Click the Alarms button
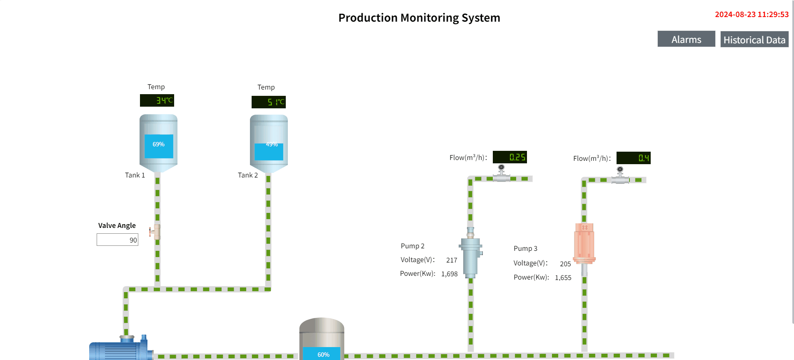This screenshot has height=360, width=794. pos(686,39)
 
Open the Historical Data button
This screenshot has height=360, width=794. pos(754,40)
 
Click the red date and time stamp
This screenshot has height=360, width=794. pos(752,15)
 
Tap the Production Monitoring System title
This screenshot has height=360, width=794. pos(419,18)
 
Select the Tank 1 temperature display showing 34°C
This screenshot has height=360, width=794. pos(157,100)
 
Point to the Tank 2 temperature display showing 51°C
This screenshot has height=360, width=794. pos(269,102)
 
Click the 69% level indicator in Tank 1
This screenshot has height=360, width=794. pos(158,145)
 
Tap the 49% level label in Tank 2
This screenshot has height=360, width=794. pos(272,145)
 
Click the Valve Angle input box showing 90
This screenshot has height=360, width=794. pos(117,240)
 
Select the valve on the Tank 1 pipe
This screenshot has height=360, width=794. pos(156,232)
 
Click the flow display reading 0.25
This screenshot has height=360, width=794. pos(509,157)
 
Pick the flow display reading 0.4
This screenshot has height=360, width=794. pos(633,158)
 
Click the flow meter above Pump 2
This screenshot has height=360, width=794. pos(502,173)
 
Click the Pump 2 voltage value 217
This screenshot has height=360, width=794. pos(452,260)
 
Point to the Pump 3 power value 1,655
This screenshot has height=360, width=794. pos(563,278)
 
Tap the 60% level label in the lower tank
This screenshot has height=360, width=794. pos(323,355)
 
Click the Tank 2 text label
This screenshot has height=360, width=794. pos(248,175)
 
